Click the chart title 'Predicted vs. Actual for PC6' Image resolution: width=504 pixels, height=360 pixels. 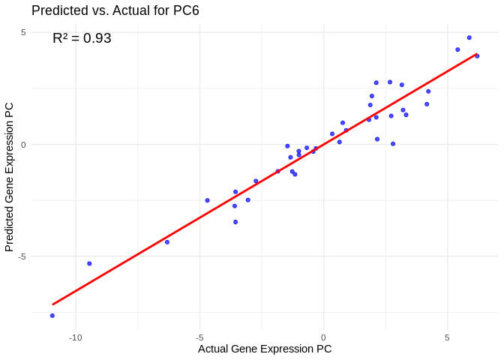click(115, 10)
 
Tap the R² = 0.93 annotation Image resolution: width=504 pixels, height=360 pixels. click(82, 38)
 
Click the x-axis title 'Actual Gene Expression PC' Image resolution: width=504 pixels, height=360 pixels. click(265, 349)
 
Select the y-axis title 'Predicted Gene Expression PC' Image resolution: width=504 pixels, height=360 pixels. click(10, 177)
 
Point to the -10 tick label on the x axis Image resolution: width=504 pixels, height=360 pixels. click(76, 337)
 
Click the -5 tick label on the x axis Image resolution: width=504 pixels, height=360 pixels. click(199, 337)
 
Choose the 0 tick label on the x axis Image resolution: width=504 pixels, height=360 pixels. click(323, 337)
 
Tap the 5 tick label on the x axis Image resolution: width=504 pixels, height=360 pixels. click(447, 337)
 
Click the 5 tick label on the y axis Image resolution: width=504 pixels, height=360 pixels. click(23, 32)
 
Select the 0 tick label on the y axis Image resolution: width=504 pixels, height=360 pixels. click(23, 144)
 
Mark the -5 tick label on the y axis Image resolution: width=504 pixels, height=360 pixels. click(22, 256)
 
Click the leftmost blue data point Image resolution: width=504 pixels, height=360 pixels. click(52, 316)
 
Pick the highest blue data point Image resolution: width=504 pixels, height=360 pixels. click(469, 37)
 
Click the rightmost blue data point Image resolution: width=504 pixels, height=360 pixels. click(477, 56)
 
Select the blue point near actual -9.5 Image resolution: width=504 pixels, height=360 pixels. click(89, 263)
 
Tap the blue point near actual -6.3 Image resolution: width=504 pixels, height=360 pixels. click(167, 242)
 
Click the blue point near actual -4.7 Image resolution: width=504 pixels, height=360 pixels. click(208, 200)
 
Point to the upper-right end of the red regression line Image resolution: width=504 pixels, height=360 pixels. click(477, 54)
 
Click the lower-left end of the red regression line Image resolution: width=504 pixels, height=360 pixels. click(52, 304)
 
